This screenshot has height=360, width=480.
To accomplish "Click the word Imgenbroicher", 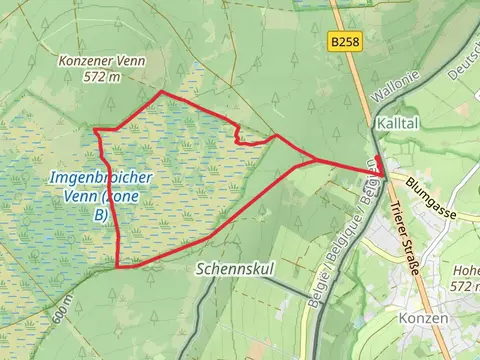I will click(99, 178).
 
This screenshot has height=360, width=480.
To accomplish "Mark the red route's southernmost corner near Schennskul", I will click(118, 267).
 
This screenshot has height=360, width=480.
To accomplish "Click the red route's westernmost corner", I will click(94, 130).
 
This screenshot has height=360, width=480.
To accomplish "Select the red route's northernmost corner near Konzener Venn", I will click(162, 92).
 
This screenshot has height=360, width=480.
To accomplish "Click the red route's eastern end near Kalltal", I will click(382, 175).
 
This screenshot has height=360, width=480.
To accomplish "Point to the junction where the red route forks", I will click(318, 160).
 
